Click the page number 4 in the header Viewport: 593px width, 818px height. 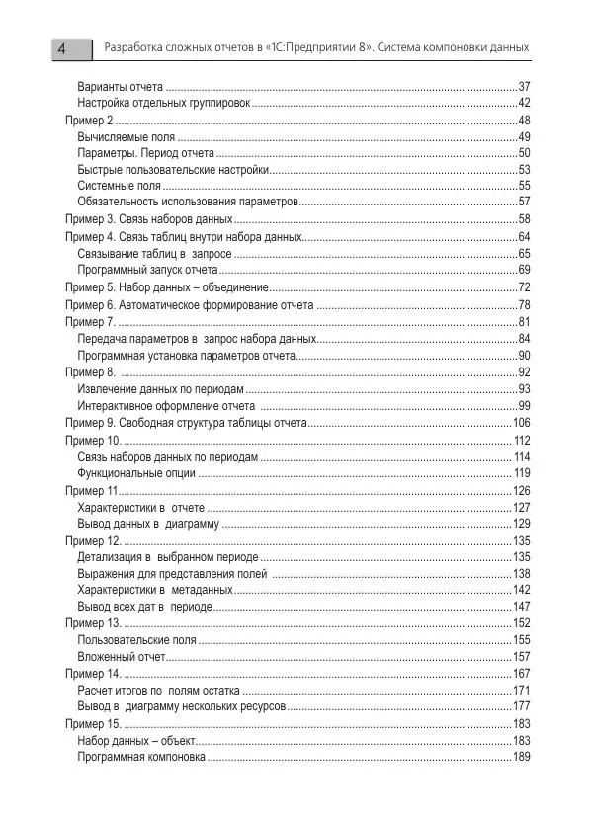[62, 48]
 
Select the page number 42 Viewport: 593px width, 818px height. [524, 103]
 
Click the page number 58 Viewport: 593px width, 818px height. [524, 218]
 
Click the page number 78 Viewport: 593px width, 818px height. [524, 305]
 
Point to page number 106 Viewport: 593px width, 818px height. [522, 423]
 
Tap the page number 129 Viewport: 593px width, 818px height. [522, 523]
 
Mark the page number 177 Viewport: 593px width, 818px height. [522, 706]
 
